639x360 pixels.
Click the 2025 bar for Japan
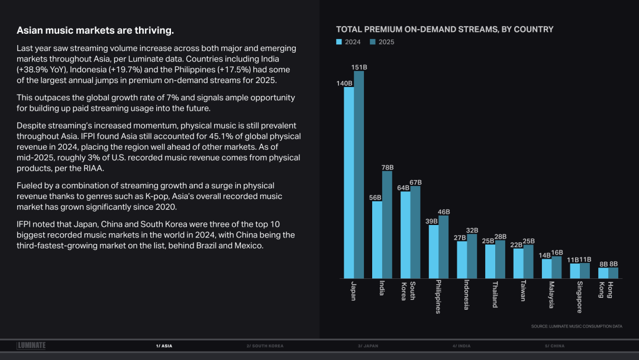point(359,175)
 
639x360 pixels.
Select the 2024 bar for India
point(377,240)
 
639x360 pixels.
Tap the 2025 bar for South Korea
point(415,232)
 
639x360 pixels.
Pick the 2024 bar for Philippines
point(434,252)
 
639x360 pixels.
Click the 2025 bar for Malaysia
point(557,267)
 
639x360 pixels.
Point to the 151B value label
point(359,67)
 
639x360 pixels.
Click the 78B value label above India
point(387,168)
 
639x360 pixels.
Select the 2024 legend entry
point(348,42)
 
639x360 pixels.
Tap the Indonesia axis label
point(467,294)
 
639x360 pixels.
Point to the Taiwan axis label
point(523,290)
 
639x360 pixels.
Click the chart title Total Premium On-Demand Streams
point(444,29)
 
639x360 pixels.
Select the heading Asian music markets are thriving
point(95,30)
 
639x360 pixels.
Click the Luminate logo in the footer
point(31,345)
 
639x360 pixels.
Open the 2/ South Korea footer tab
point(264,346)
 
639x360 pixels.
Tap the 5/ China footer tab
point(554,346)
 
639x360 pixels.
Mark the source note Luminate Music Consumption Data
point(576,326)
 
